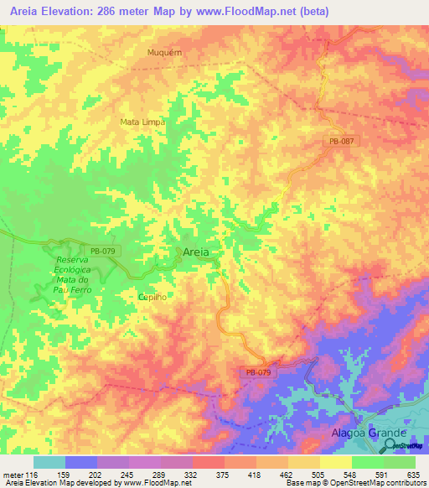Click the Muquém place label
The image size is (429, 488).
click(x=165, y=51)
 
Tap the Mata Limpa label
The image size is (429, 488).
click(x=142, y=122)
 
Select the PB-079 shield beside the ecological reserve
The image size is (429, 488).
click(x=100, y=250)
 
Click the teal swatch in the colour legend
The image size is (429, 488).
click(x=49, y=462)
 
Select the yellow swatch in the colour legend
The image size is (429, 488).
click(x=335, y=462)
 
